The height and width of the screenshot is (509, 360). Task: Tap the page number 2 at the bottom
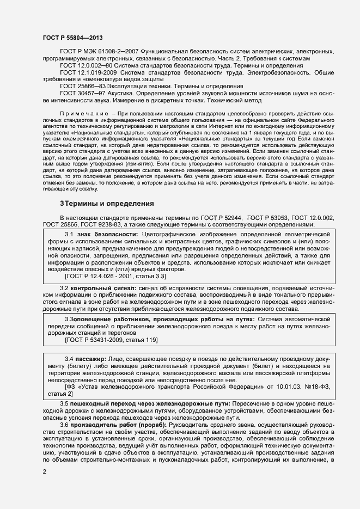tap(45, 471)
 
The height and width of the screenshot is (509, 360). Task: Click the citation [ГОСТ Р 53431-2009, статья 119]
tap(111, 340)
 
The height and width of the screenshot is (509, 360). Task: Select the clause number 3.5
tap(64, 403)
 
